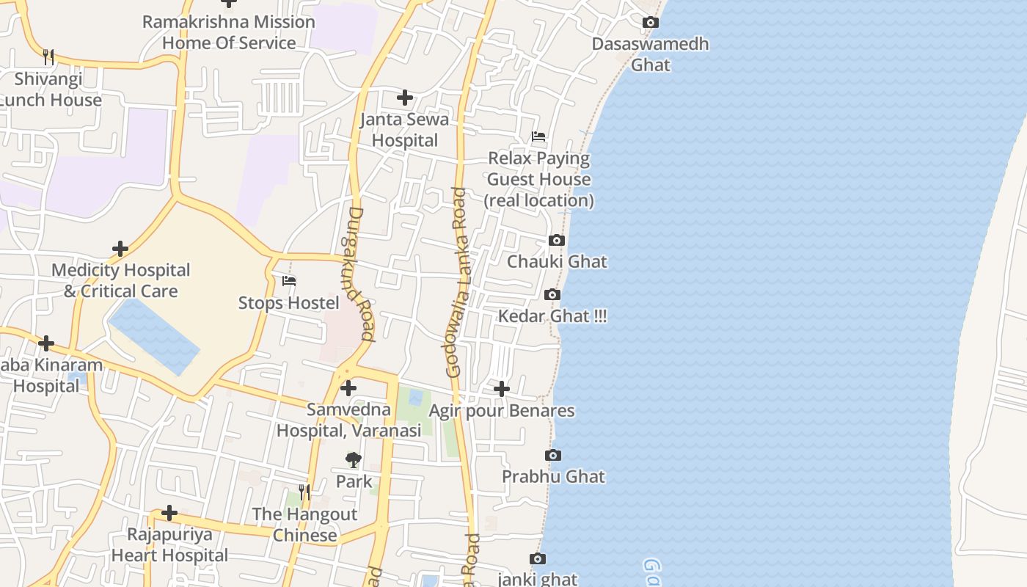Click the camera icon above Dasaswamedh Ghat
coord(650,23)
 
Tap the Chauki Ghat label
coord(557,262)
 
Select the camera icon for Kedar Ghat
coord(552,295)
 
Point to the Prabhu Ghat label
coord(553,477)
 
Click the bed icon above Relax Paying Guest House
coord(538,136)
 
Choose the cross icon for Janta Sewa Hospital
coord(404,98)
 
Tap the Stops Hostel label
coord(289,303)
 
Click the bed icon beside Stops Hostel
coord(289,280)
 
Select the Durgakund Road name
coord(360,274)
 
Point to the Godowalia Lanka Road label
coord(456,282)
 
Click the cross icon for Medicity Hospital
coord(120,249)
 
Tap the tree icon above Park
coord(354,460)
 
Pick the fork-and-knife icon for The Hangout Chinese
coord(304,492)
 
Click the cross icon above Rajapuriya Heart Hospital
coord(169,512)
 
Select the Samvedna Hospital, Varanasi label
coord(348,420)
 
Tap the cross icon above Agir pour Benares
coord(502,388)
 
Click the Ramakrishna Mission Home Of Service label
coord(228,32)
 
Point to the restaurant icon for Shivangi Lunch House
coord(48,56)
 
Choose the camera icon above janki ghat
coord(538,559)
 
